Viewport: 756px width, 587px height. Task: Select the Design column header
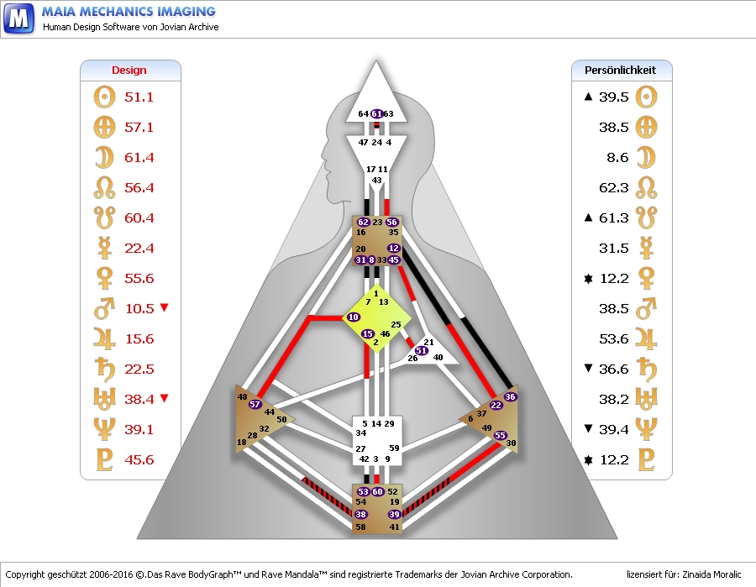(129, 71)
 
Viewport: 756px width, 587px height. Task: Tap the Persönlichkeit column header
(621, 71)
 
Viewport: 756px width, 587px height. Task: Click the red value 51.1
(139, 97)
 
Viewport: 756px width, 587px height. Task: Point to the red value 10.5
(139, 308)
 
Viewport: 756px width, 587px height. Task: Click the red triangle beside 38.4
(164, 399)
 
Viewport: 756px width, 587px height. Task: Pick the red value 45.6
(139, 459)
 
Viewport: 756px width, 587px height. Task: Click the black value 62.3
(613, 187)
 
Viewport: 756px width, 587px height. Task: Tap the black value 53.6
(613, 338)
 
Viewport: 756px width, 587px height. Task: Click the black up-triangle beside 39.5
(589, 97)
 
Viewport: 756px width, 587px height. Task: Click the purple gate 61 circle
(377, 113)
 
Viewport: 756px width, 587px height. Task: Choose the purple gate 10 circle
(353, 317)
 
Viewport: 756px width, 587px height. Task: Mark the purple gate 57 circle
(255, 405)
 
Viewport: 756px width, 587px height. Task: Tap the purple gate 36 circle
(510, 396)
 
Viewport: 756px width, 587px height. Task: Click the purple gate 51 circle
(421, 351)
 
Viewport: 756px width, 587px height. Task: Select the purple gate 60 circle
(378, 491)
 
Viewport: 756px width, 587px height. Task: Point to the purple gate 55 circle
(501, 435)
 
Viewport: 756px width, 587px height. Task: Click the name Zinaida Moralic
(711, 574)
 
